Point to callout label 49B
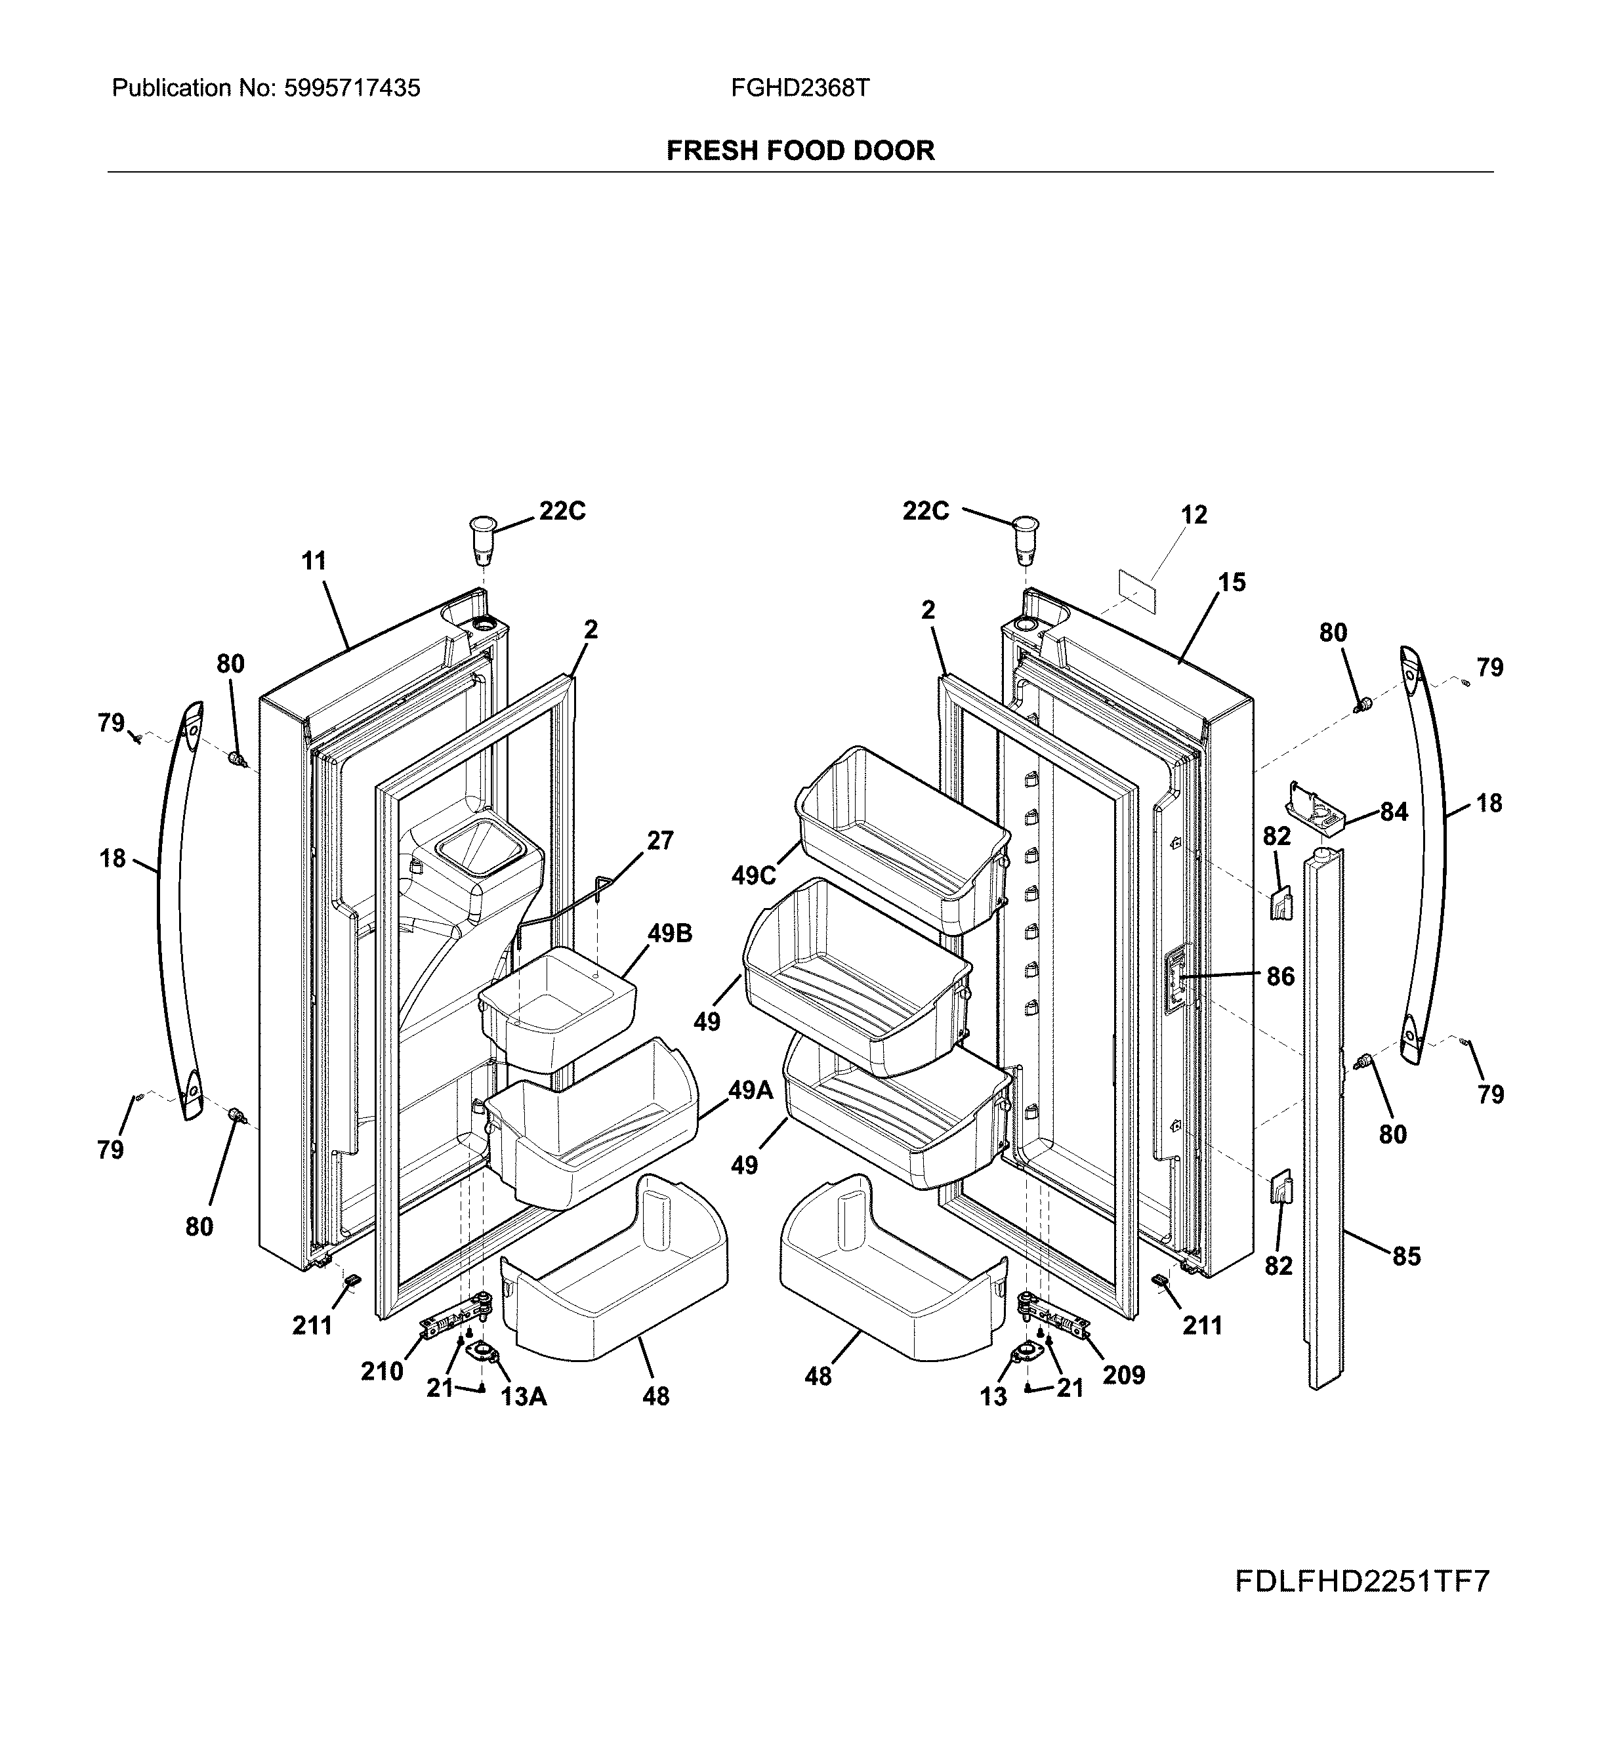click(669, 933)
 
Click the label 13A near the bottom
click(524, 1397)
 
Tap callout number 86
click(1280, 976)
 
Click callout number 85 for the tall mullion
click(1406, 1256)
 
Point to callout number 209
click(1123, 1375)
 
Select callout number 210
click(382, 1371)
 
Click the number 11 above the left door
click(314, 561)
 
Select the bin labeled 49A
click(594, 1136)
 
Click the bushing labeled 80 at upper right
click(1360, 704)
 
